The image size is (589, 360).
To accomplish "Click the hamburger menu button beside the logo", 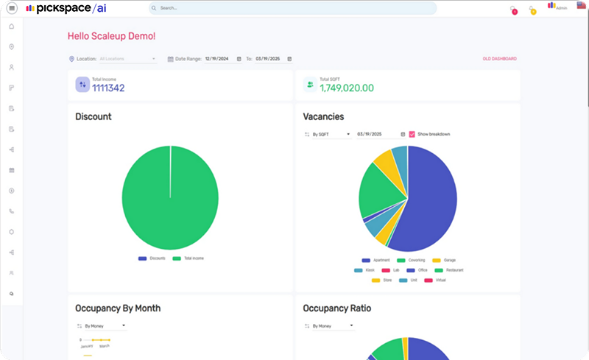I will pos(12,8).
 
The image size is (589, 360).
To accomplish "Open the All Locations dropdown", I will pos(127,58).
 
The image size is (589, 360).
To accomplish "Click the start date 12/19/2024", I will pos(218,58).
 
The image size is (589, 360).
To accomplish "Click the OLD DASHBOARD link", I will pos(499,58).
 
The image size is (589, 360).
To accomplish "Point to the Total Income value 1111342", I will pos(108,88).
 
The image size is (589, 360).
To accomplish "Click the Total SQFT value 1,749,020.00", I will pos(346,88).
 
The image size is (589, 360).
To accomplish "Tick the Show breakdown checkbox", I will pos(412,134).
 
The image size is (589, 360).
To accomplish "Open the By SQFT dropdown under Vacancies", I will pos(327,134).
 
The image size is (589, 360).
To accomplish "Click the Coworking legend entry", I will pos(411,261).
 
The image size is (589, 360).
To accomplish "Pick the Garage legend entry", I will pos(446,261).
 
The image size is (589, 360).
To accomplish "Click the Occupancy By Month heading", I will pos(118,308).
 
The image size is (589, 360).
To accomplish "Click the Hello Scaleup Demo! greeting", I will pos(111,35).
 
